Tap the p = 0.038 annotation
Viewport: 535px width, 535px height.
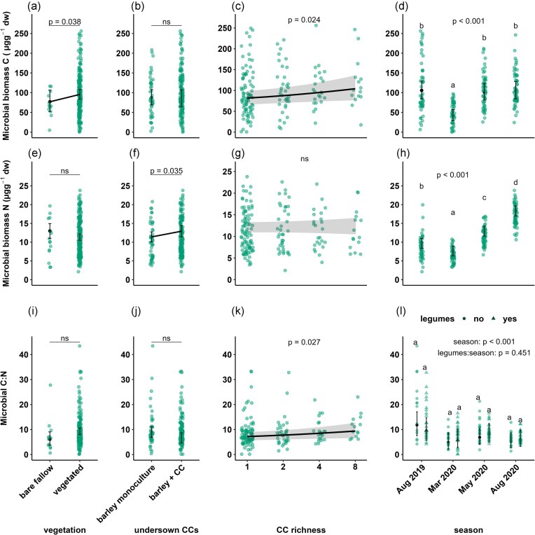coord(64,21)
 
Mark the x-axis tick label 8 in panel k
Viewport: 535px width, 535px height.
coord(359,466)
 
